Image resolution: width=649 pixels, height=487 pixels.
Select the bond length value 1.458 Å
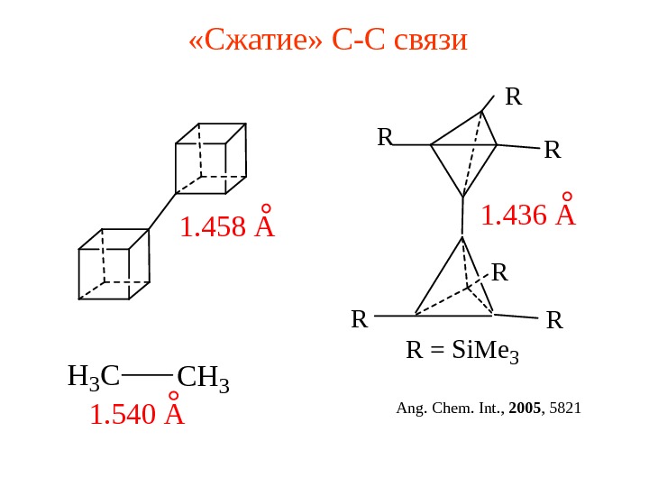(226, 227)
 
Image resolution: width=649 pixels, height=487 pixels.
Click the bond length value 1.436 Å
(527, 216)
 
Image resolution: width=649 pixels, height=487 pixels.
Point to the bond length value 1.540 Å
(136, 414)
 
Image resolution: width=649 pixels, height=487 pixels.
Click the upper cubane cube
(211, 159)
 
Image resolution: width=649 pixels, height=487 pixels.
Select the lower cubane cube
(114, 264)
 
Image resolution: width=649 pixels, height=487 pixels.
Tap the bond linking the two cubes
(162, 211)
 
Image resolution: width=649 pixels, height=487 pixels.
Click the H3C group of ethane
(94, 376)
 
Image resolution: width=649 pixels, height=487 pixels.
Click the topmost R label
(514, 96)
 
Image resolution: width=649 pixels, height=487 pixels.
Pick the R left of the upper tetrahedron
(385, 137)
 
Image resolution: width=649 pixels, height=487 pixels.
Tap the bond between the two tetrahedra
(462, 217)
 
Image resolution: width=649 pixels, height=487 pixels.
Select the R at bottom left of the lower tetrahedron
(360, 319)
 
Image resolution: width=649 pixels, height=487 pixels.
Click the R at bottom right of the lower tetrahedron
(554, 319)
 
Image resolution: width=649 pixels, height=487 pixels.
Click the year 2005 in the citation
(525, 409)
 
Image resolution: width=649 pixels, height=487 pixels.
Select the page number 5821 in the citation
(565, 409)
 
